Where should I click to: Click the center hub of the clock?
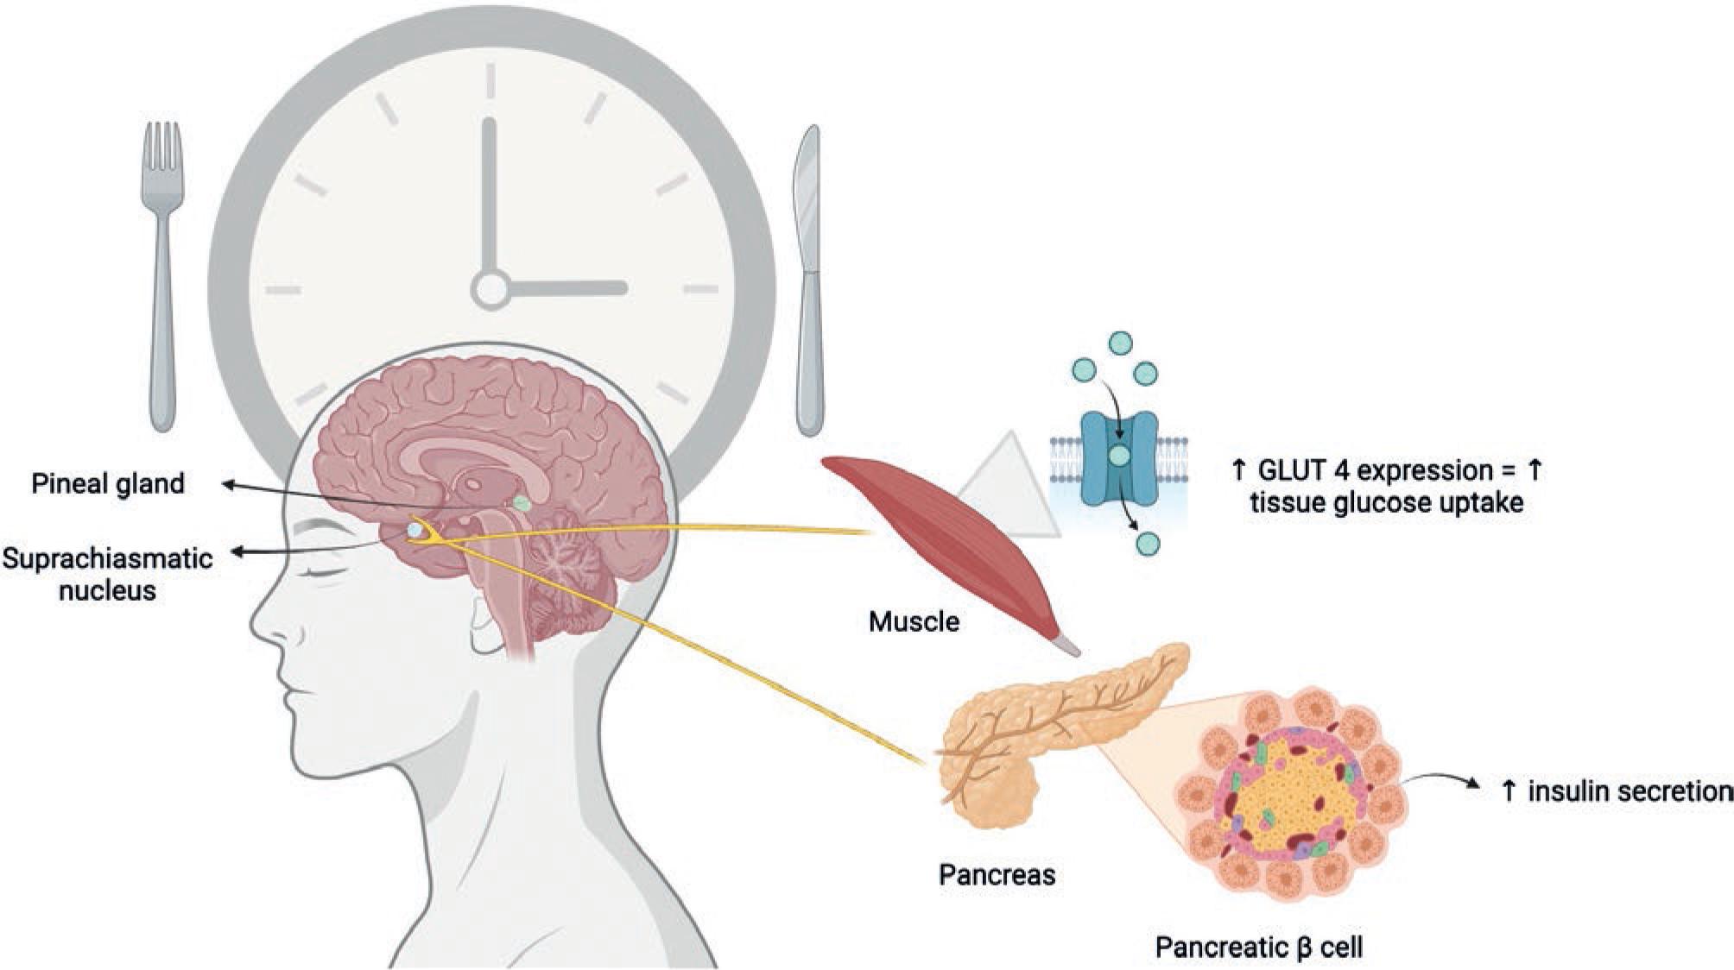click(490, 288)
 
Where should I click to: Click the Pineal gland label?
click(108, 483)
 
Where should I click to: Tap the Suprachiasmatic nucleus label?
click(107, 574)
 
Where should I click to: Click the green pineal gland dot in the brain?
click(522, 502)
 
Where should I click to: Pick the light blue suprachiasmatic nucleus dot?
click(415, 529)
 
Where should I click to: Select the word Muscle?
click(914, 621)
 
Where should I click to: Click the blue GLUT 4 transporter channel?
click(1118, 457)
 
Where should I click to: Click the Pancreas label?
click(997, 875)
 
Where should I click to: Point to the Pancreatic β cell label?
click(1259, 948)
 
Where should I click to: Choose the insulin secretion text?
click(1617, 790)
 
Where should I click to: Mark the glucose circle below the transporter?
click(1148, 544)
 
